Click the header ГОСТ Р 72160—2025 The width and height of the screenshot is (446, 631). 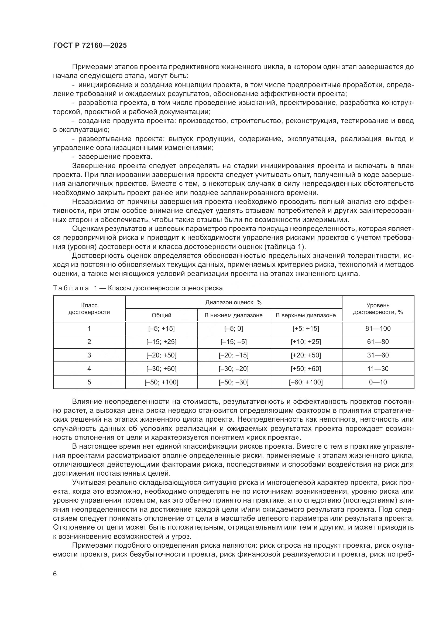click(x=90, y=46)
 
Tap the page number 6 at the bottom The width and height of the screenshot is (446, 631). click(x=55, y=574)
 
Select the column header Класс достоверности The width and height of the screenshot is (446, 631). click(x=89, y=309)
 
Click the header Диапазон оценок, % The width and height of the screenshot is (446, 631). click(x=234, y=303)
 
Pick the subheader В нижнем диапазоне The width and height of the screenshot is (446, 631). click(x=234, y=315)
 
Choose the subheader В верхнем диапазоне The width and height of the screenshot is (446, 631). click(x=306, y=315)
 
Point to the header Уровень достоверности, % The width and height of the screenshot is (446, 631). click(x=378, y=309)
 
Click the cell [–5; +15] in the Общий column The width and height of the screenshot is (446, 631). click(x=161, y=328)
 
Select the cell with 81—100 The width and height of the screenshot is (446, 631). click(x=378, y=328)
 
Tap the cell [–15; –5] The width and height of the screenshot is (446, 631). click(x=234, y=342)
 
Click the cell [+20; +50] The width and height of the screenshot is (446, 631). click(x=306, y=355)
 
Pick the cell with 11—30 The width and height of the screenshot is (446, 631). click(x=378, y=369)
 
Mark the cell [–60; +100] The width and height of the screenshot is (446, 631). click(x=306, y=382)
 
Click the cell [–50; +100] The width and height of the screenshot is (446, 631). click(x=161, y=382)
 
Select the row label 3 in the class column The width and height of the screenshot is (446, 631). click(x=89, y=355)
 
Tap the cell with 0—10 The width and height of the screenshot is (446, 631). click(x=378, y=382)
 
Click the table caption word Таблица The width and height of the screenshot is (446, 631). click(x=71, y=288)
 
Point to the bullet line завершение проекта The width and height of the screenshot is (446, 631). click(x=115, y=157)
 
